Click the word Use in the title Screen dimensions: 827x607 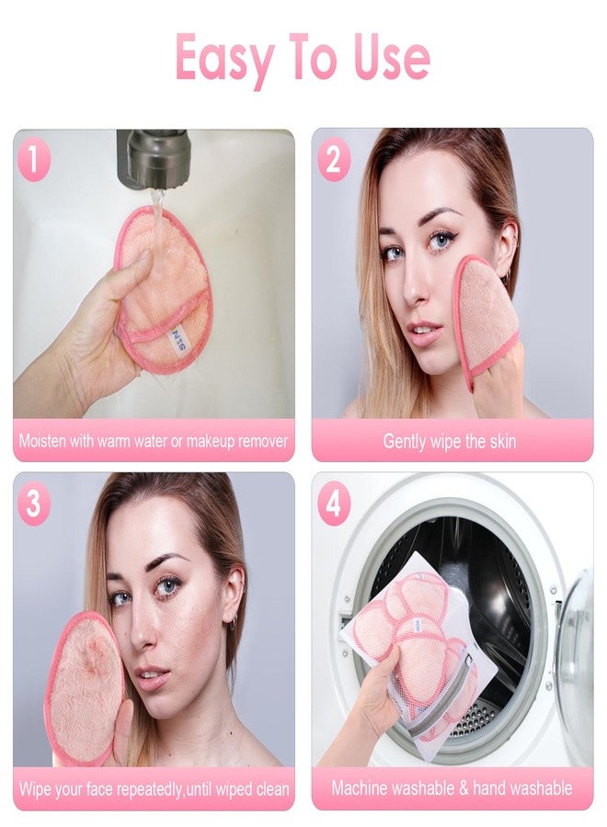coord(390,57)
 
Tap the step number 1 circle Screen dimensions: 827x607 coord(34,161)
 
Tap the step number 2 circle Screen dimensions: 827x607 coord(333,161)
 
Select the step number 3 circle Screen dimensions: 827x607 coord(34,504)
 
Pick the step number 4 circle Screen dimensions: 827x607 coord(333,504)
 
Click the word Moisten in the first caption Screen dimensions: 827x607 coord(47,441)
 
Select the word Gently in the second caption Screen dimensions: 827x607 coord(407,441)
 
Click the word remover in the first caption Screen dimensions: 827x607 coord(262,441)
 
